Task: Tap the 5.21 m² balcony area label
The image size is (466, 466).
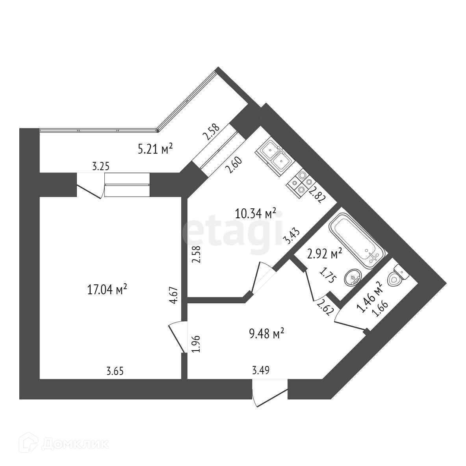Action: pyautogui.click(x=156, y=149)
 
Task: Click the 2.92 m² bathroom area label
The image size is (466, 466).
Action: pyautogui.click(x=324, y=254)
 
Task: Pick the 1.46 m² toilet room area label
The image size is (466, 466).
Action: pyautogui.click(x=369, y=297)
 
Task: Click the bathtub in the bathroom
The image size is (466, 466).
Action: pyautogui.click(x=355, y=241)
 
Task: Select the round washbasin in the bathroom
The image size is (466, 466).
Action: pyautogui.click(x=353, y=278)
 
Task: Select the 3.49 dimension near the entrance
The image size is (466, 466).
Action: pyautogui.click(x=261, y=370)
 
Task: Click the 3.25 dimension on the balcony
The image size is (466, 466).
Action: pyautogui.click(x=100, y=166)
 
